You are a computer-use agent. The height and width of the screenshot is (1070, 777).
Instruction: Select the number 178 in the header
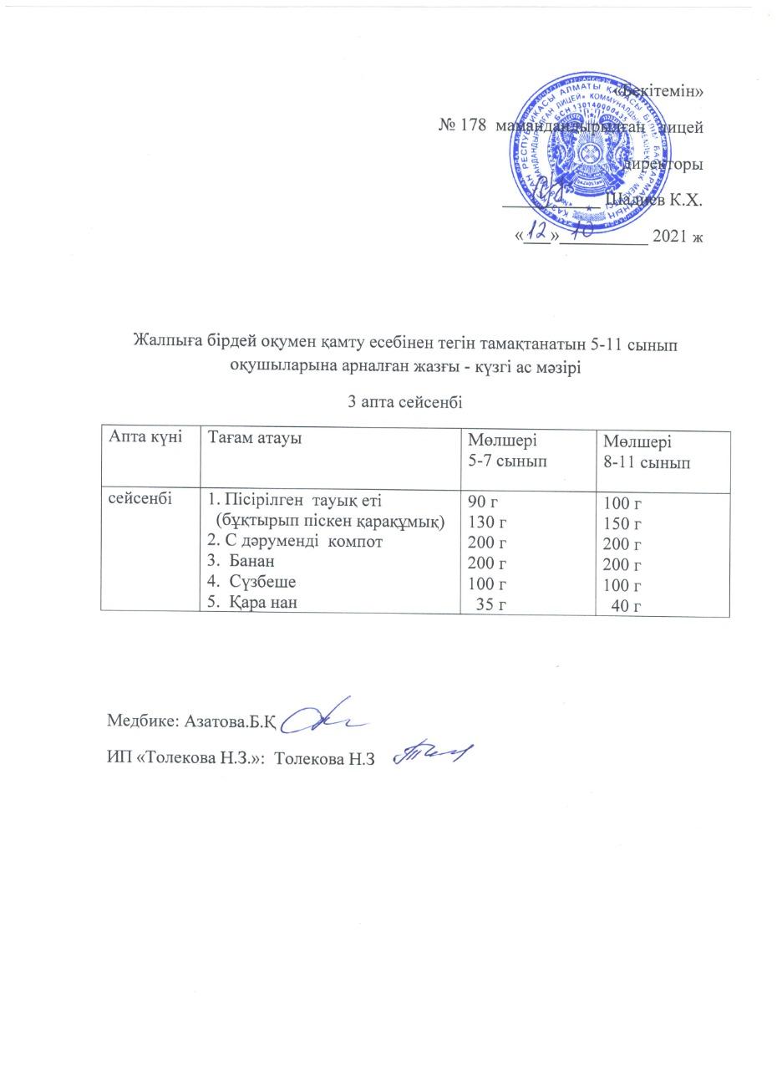[475, 126]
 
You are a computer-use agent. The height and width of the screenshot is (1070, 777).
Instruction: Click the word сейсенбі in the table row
[139, 499]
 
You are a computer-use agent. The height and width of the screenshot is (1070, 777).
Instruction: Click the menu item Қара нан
[261, 602]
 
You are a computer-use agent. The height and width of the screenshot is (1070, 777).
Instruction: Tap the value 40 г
[627, 607]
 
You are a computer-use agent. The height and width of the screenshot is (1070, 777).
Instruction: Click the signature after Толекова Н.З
[432, 754]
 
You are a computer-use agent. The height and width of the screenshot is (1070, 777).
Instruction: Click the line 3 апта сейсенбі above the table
[405, 401]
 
